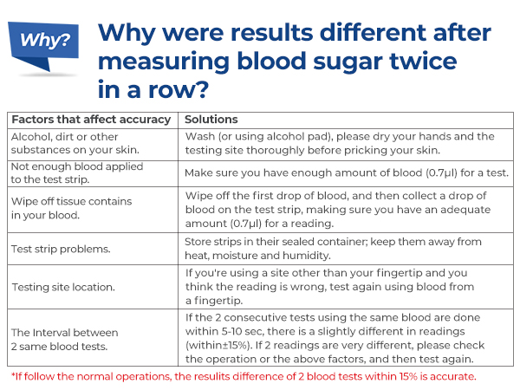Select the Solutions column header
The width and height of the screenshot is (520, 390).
click(x=211, y=119)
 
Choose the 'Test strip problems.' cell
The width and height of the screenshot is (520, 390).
click(x=60, y=249)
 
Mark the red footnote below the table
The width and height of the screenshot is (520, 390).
click(x=244, y=376)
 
